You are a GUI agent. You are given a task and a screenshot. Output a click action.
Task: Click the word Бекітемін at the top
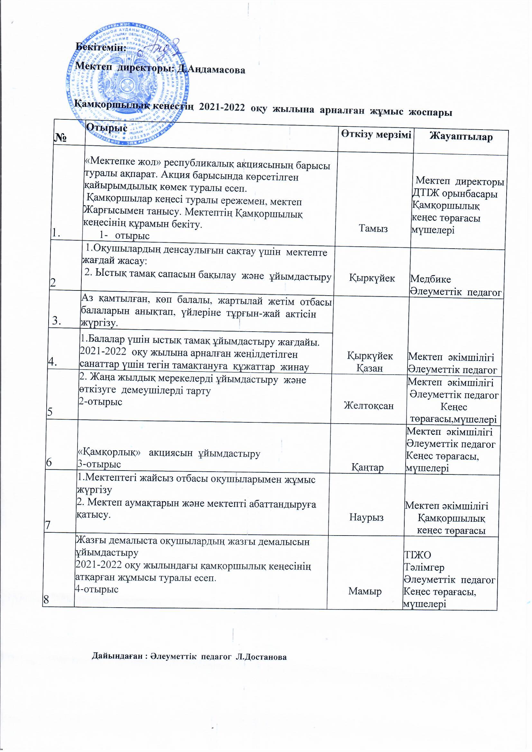click(x=101, y=47)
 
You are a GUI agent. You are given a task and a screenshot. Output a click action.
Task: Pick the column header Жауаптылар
click(x=461, y=137)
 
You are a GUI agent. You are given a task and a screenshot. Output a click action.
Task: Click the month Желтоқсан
click(x=369, y=406)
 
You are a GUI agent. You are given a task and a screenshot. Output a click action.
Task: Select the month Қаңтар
click(x=368, y=467)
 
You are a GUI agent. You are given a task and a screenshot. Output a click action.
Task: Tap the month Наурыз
click(x=366, y=517)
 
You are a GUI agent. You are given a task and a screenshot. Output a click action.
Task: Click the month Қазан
click(x=370, y=368)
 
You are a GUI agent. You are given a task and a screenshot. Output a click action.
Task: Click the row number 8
click(x=46, y=599)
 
